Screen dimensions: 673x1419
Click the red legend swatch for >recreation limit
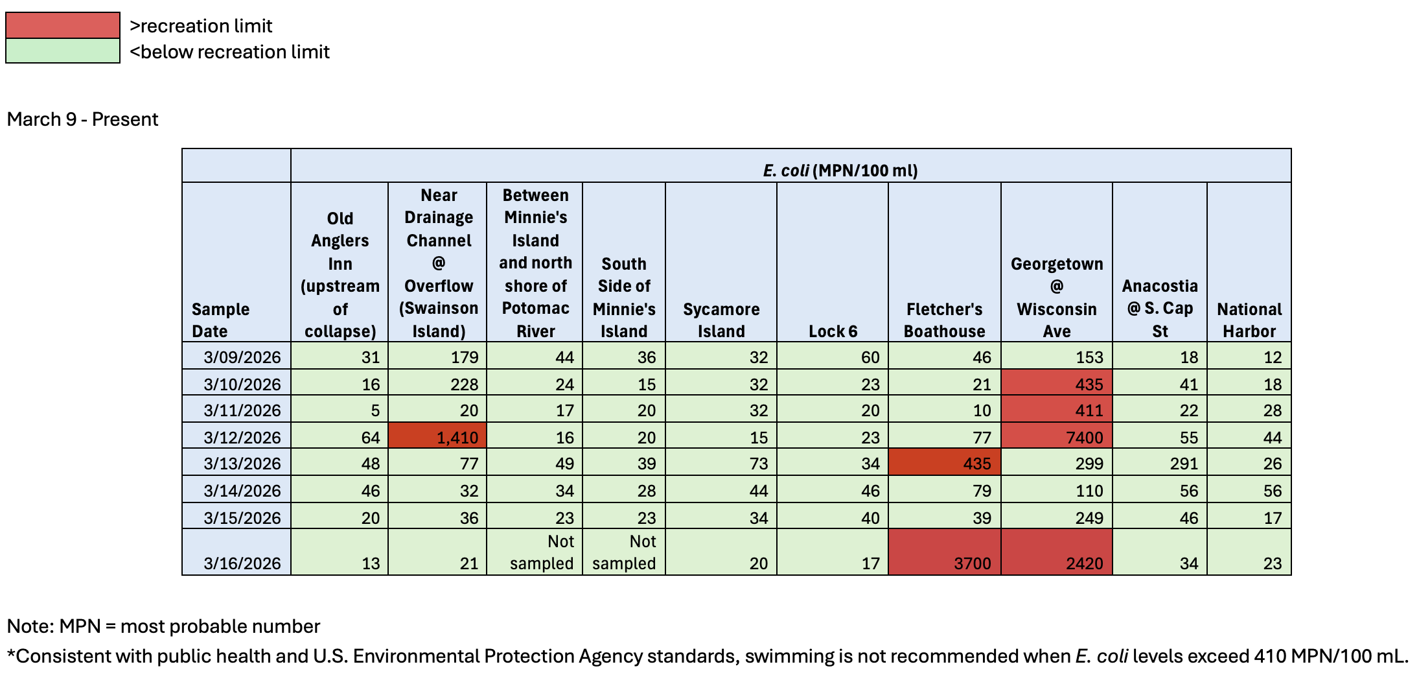coord(63,26)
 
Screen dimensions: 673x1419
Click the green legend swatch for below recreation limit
coord(63,51)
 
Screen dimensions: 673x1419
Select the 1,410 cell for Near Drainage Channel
coord(437,437)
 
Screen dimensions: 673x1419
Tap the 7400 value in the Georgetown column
coord(1057,437)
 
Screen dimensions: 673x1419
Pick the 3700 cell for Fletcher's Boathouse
coord(945,552)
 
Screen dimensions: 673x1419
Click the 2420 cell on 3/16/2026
coord(1057,552)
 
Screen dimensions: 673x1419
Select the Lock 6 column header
coord(833,331)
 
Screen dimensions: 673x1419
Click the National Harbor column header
coord(1249,320)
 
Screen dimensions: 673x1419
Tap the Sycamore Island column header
coord(721,320)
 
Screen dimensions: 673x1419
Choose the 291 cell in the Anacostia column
coord(1160,464)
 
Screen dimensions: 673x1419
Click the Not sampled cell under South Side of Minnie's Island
coord(624,552)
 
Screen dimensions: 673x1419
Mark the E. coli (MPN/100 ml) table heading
coord(840,171)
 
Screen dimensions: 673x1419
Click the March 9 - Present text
coord(83,119)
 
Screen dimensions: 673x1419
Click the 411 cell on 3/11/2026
coord(1057,410)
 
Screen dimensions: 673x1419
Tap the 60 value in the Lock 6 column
coord(833,357)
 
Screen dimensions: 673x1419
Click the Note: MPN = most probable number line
coord(163,626)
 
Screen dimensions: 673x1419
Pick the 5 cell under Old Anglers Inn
coord(340,410)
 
